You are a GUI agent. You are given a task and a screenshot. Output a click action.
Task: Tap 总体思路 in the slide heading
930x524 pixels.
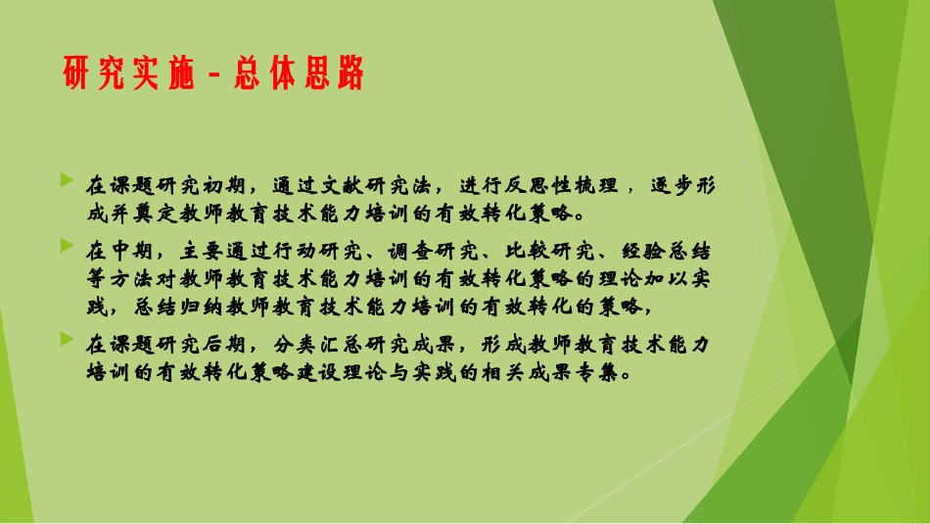[x=299, y=73]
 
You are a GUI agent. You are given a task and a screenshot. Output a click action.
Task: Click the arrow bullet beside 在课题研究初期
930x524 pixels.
[x=66, y=180]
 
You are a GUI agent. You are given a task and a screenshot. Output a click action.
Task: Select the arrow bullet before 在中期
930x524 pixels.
[x=66, y=243]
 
